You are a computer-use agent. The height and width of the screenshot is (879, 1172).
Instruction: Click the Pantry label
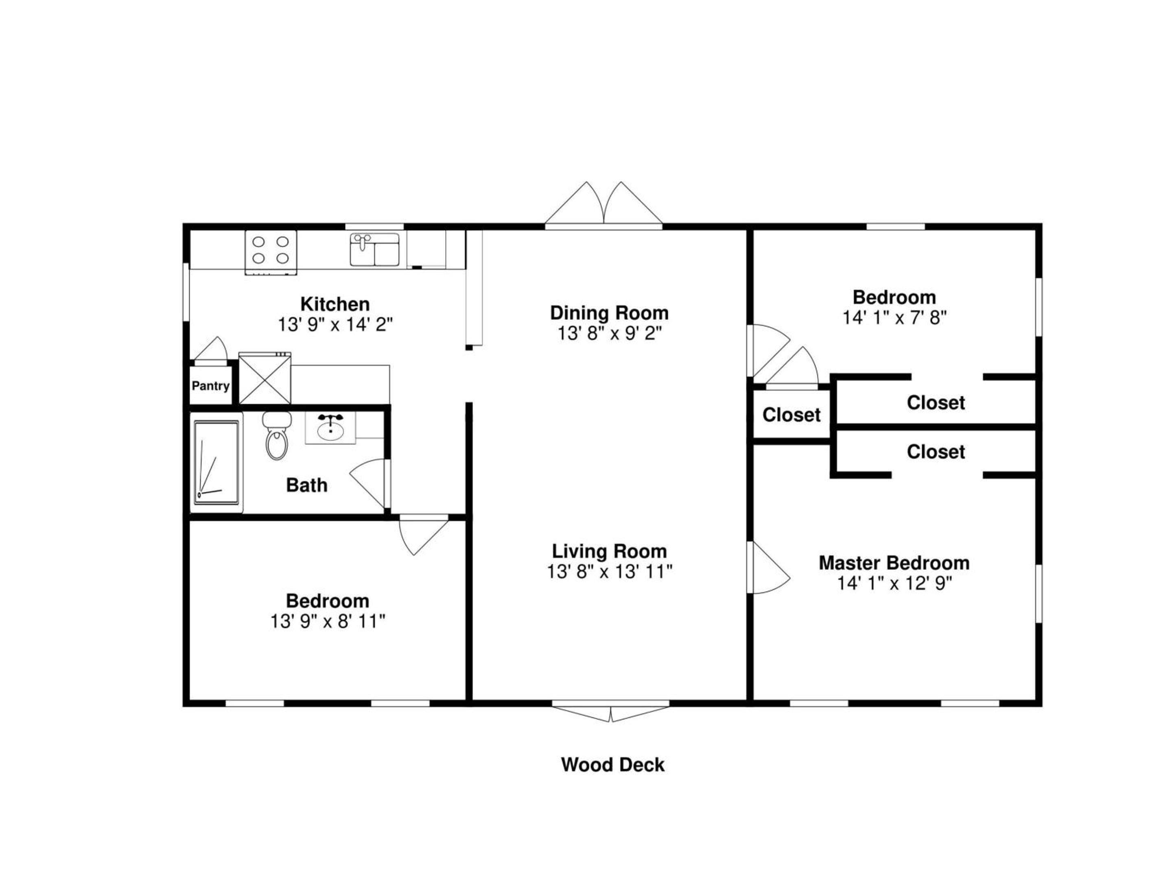click(210, 386)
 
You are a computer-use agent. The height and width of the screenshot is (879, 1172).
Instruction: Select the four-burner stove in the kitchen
click(271, 253)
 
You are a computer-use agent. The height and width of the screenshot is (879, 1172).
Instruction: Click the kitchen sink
click(375, 249)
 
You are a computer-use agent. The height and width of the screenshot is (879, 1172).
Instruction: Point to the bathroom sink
click(330, 428)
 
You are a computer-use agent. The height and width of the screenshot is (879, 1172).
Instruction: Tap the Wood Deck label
click(612, 765)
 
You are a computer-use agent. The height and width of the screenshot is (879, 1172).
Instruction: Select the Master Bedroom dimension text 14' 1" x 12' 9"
click(894, 583)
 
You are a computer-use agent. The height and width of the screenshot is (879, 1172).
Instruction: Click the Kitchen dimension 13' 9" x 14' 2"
click(335, 324)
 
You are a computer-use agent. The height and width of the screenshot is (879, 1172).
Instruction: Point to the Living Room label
click(609, 551)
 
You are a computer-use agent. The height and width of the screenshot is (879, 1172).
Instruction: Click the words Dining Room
click(609, 313)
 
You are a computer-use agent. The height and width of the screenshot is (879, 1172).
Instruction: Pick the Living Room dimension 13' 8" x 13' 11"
click(609, 572)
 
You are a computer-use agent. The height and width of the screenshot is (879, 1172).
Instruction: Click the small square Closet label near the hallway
click(792, 415)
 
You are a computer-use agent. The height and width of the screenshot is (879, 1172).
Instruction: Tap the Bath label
click(307, 485)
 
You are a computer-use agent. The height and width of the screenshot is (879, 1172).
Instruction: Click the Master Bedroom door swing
click(768, 567)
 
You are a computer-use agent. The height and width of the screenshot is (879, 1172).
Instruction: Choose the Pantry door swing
click(211, 350)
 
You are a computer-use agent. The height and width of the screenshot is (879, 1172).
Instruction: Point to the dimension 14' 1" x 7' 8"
click(894, 317)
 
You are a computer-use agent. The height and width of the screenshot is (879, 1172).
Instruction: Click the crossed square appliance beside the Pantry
click(265, 378)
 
